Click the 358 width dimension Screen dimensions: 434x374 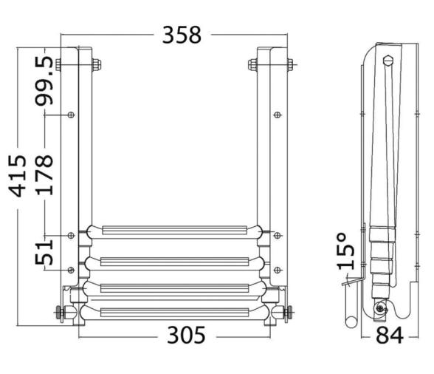pyautogui.click(x=182, y=35)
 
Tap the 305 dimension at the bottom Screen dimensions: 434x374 pyautogui.click(x=186, y=335)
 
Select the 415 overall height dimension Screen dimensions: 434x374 pyautogui.click(x=18, y=176)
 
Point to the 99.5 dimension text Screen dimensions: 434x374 pyautogui.click(x=44, y=81)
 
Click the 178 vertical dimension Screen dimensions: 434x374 pyautogui.click(x=44, y=175)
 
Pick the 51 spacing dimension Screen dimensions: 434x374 pyautogui.click(x=44, y=253)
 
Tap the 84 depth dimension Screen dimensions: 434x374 pyautogui.click(x=390, y=335)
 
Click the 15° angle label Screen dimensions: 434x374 pyautogui.click(x=345, y=251)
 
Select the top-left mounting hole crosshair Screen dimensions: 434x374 pyautogui.click(x=71, y=115)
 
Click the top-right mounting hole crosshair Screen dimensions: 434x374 pyautogui.click(x=277, y=115)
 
